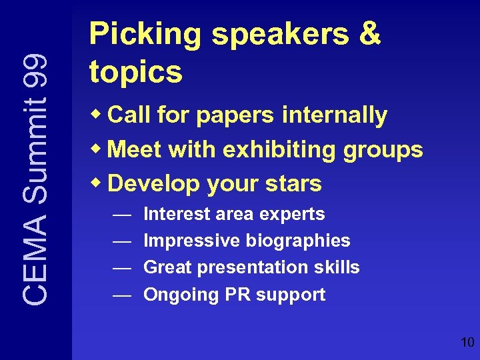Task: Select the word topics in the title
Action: tap(135, 71)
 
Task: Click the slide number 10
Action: tap(467, 343)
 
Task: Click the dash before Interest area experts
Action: tap(121, 215)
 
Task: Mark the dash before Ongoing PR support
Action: tap(121, 295)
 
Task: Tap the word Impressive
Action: tap(192, 241)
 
